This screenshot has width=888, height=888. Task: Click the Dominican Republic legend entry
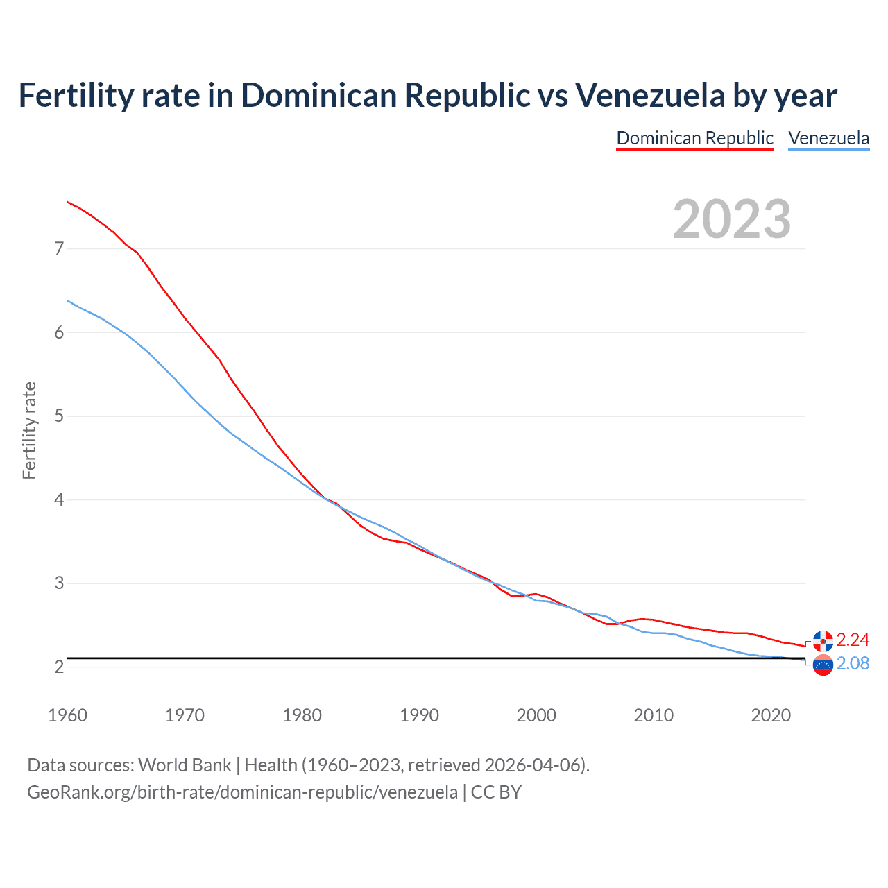(x=694, y=138)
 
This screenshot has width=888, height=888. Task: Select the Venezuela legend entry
(x=828, y=138)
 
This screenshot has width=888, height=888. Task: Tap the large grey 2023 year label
(x=732, y=219)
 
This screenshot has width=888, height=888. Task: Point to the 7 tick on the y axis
(x=59, y=248)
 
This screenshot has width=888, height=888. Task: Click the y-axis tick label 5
(x=59, y=416)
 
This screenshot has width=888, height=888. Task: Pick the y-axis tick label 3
(x=59, y=583)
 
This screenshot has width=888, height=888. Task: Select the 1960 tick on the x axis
(x=67, y=715)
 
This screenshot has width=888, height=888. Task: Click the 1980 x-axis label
(x=302, y=715)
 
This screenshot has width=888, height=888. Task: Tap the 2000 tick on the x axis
(x=536, y=715)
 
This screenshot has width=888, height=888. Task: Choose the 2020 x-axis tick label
(x=771, y=715)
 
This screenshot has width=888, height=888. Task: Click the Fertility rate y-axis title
(x=29, y=430)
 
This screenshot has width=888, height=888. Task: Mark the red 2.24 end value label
(x=853, y=640)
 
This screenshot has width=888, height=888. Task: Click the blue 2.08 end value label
(x=853, y=664)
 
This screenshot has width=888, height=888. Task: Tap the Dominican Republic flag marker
(x=823, y=641)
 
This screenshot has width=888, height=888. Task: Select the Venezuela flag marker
(x=823, y=665)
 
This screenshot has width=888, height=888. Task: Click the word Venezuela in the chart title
(x=650, y=95)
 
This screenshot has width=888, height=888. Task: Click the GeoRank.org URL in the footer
(x=242, y=792)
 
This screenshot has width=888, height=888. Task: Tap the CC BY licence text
(x=496, y=792)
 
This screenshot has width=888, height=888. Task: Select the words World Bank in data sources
(x=185, y=765)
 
